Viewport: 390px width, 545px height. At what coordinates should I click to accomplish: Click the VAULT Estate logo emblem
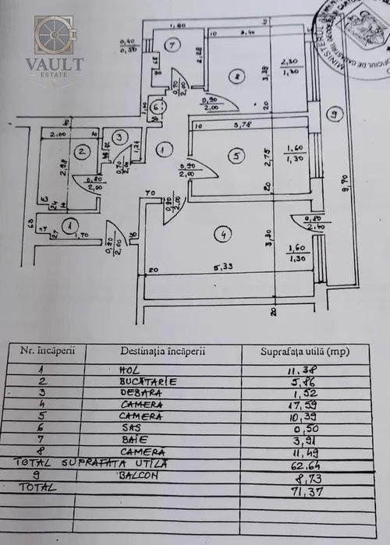(x=53, y=37)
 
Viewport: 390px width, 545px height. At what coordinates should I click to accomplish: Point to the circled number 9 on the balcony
(x=334, y=115)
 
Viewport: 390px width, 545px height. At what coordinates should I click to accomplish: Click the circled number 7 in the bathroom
(x=173, y=46)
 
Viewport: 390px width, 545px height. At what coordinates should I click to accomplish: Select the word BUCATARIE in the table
(x=148, y=382)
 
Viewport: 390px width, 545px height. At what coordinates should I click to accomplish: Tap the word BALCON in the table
(x=145, y=474)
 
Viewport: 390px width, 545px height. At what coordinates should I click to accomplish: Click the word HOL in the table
(x=128, y=369)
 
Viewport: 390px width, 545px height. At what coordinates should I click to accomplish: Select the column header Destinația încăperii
(x=163, y=351)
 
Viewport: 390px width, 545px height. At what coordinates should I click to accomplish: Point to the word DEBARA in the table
(x=142, y=394)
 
